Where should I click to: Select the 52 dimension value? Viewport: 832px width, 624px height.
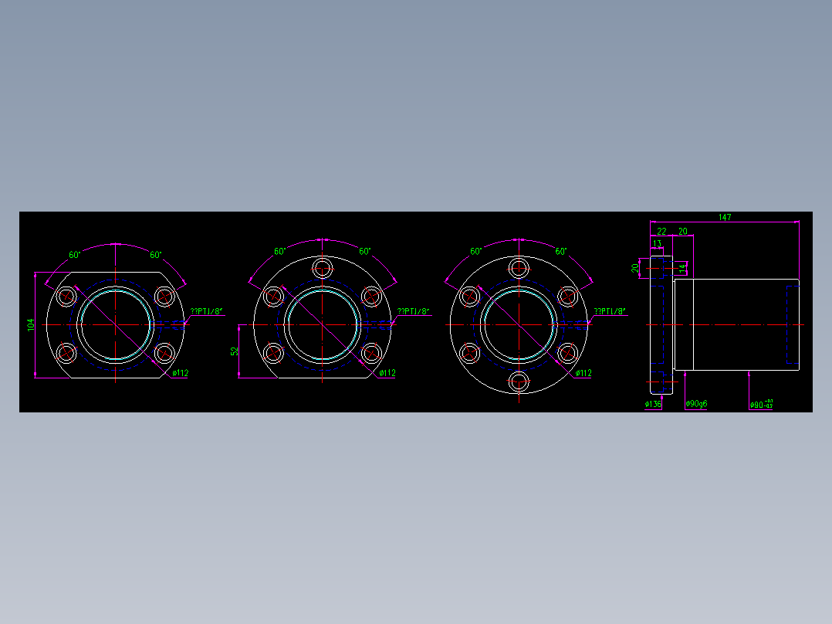pos(235,351)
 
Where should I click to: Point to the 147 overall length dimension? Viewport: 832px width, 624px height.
pos(724,218)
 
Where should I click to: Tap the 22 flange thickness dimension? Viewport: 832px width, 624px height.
pos(661,231)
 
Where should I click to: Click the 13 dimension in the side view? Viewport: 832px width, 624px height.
pos(657,244)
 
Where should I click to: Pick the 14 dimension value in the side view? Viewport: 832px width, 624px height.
pos(681,268)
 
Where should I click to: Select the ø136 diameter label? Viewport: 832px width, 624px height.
pos(653,404)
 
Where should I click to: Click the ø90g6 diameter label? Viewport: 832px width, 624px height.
pos(696,404)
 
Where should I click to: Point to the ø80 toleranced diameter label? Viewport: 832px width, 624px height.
pos(760,404)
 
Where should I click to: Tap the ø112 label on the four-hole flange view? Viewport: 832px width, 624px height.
pos(181,373)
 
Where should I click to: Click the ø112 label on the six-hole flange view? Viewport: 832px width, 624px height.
pos(583,373)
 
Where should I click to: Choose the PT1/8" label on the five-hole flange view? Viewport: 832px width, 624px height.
pos(413,312)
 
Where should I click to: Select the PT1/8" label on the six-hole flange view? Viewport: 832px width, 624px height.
pos(610,312)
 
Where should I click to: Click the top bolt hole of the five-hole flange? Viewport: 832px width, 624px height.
pos(323,268)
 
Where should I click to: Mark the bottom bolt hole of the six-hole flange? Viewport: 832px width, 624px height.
pos(519,381)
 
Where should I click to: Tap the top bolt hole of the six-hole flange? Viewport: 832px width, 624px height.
pos(519,268)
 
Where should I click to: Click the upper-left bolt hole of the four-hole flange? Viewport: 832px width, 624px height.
pos(67,297)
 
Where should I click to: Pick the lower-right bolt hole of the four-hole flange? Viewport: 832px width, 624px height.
pos(164,354)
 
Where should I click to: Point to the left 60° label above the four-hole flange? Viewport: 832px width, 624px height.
pos(75,255)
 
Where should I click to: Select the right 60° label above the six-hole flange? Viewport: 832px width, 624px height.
pos(561,252)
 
